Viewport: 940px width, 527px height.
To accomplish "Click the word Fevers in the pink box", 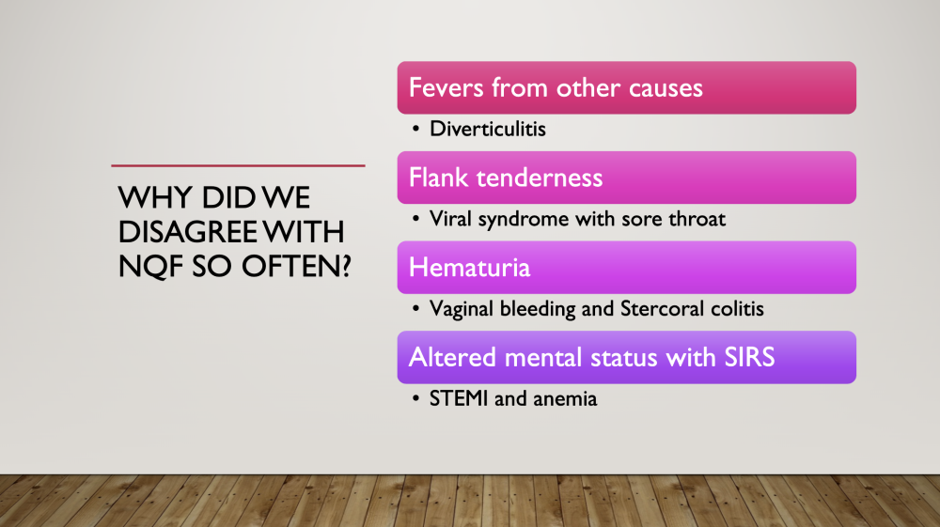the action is click(x=446, y=88).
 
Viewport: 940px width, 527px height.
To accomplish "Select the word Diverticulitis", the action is click(x=487, y=129).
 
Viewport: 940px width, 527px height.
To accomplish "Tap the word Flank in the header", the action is click(x=438, y=178).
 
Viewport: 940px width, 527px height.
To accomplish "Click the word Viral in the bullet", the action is click(x=450, y=219).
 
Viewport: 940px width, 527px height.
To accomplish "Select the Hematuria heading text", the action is click(x=469, y=268).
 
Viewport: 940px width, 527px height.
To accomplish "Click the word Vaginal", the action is click(x=461, y=309).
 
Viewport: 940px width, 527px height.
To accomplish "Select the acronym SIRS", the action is click(x=749, y=358).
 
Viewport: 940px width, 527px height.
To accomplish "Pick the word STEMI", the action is click(x=459, y=399).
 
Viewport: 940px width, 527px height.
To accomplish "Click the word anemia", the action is click(x=565, y=399).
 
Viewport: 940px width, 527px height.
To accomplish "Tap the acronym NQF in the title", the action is click(x=150, y=267).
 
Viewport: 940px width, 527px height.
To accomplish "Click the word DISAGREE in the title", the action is click(x=187, y=232).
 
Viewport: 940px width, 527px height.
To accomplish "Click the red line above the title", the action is click(x=238, y=165).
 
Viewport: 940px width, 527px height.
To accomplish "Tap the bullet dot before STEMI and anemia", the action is click(x=415, y=399).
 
